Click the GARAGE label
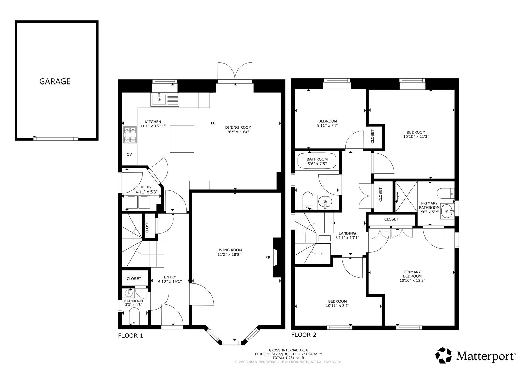55,81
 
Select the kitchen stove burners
130,135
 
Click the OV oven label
129,154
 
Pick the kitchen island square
182,139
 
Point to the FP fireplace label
268,258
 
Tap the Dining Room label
240,128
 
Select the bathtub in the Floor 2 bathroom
317,162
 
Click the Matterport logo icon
444,355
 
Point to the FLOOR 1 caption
130,336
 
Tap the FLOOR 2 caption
304,335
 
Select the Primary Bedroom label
412,274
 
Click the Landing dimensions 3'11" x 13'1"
347,238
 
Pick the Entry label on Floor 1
170,277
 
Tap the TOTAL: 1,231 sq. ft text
288,358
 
